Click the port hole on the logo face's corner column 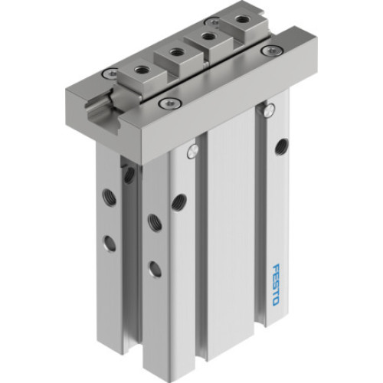178,201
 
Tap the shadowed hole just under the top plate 129,175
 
